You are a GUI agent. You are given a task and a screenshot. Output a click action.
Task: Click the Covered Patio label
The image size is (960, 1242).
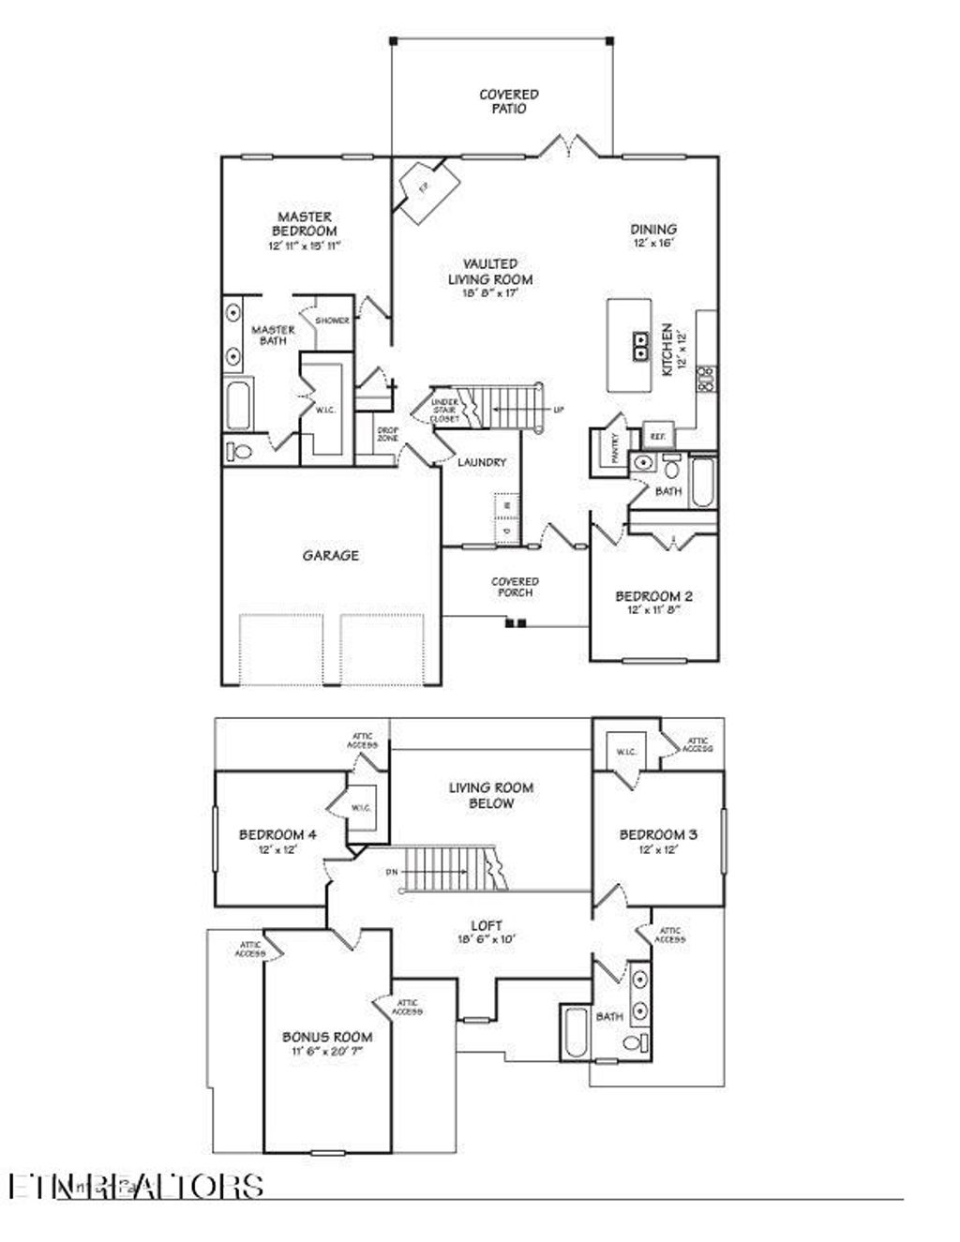(x=508, y=101)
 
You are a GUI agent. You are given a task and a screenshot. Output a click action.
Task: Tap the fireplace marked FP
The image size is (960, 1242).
(x=424, y=188)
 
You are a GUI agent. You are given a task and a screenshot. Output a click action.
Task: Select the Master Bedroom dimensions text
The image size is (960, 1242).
(x=304, y=246)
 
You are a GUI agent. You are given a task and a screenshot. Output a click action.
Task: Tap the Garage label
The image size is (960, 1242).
(x=330, y=555)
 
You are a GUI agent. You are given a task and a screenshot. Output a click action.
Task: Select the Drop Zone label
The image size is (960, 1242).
(x=387, y=435)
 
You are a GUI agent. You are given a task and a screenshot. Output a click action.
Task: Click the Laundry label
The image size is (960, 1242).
(x=482, y=462)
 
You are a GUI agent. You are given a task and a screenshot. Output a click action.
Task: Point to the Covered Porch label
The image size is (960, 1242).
(x=515, y=587)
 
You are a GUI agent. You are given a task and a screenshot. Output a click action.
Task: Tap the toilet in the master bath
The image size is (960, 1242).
(x=240, y=452)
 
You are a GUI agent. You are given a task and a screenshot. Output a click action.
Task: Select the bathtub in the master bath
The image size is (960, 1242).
(x=238, y=405)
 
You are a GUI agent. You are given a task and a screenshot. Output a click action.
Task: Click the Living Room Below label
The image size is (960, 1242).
(x=490, y=796)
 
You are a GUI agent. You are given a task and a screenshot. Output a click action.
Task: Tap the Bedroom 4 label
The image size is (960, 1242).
(x=271, y=834)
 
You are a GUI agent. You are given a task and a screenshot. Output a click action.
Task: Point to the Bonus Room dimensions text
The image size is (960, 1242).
(x=326, y=1052)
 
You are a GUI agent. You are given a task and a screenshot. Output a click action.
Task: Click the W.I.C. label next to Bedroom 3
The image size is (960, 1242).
(x=626, y=752)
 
